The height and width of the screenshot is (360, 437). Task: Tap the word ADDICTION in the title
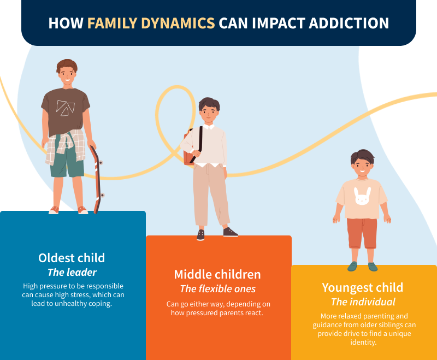coord(349,23)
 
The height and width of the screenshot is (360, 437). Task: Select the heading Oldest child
coord(72,258)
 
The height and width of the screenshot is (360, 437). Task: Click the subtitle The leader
coord(72,272)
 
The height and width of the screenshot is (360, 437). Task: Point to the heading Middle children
coord(217,274)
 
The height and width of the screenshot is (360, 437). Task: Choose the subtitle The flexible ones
coord(217,289)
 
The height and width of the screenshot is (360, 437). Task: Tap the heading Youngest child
coord(362,288)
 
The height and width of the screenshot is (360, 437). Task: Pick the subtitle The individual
coord(363,302)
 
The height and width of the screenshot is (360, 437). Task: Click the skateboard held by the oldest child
coord(97,180)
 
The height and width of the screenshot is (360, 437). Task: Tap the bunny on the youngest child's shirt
coord(362,196)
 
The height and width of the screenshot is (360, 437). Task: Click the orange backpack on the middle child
coord(188,149)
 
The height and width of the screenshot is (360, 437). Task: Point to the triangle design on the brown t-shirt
coord(65,107)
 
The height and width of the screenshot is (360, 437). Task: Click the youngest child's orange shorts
coord(362,233)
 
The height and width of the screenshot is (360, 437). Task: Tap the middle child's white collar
coord(209,127)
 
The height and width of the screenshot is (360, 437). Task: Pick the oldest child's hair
coord(67,66)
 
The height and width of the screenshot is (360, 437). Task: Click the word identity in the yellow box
coord(363,342)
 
